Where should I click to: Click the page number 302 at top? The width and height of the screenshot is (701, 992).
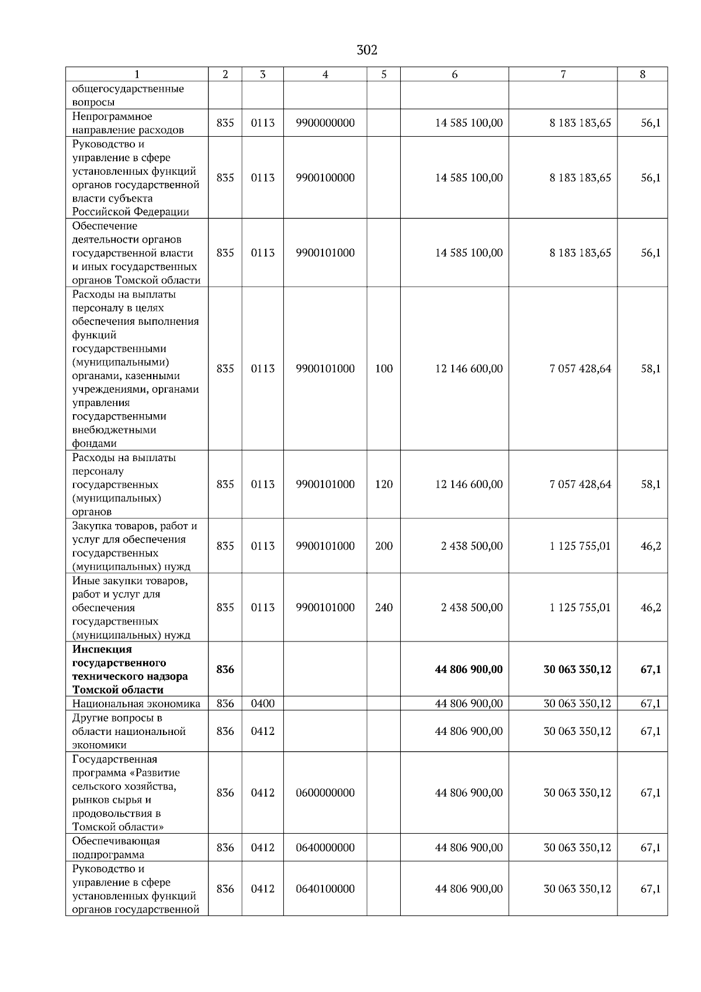[367, 50]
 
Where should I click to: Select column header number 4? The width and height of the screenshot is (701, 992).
[325, 74]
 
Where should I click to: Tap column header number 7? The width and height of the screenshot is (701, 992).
[563, 74]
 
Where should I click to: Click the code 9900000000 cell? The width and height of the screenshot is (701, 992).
[325, 123]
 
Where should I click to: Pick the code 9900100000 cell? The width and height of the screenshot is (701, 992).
[325, 178]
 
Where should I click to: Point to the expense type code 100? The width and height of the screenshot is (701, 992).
[383, 369]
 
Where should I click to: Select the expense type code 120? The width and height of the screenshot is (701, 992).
[383, 484]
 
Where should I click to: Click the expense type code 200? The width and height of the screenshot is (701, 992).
[383, 546]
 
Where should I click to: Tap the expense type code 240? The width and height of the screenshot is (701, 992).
[383, 608]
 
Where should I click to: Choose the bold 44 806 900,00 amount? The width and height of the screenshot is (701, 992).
[469, 670]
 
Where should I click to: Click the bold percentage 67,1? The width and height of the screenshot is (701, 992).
[650, 670]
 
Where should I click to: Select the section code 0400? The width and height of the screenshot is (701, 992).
[262, 703]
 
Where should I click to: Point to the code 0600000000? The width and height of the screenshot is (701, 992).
[325, 793]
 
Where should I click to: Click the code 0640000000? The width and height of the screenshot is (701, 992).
[325, 848]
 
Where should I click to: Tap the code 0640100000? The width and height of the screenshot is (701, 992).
[325, 889]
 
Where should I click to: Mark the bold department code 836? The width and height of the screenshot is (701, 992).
[225, 670]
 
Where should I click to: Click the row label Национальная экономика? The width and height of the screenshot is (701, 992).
[136, 703]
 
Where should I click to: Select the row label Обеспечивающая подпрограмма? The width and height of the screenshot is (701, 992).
[116, 848]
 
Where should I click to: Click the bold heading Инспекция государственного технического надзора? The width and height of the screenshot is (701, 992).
[130, 670]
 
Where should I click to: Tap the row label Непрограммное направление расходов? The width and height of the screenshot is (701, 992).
[128, 123]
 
